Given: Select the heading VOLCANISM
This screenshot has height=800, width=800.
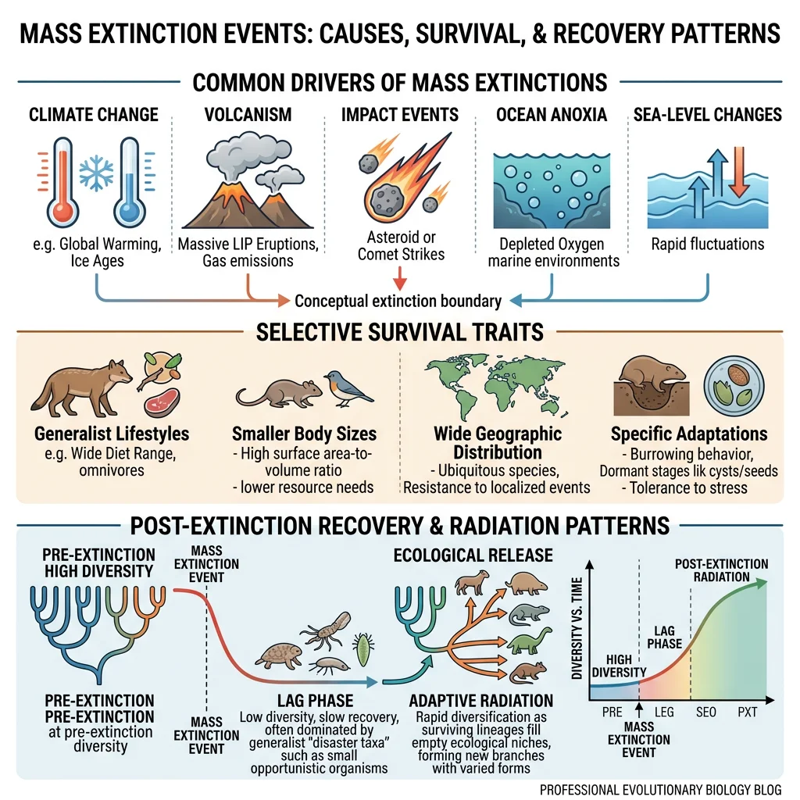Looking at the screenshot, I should coord(248,115).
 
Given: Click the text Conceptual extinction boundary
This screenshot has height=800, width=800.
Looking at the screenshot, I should coord(398,300).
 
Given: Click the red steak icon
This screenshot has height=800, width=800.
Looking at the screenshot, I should coord(161,404).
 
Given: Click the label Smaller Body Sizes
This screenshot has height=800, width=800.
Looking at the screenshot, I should coord(304,434).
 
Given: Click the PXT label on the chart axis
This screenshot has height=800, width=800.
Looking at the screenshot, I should coord(747,712).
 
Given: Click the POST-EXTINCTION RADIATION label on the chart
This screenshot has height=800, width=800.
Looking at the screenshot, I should coord(720,570).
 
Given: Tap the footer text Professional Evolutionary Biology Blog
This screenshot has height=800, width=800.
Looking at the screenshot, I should coord(660,789).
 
